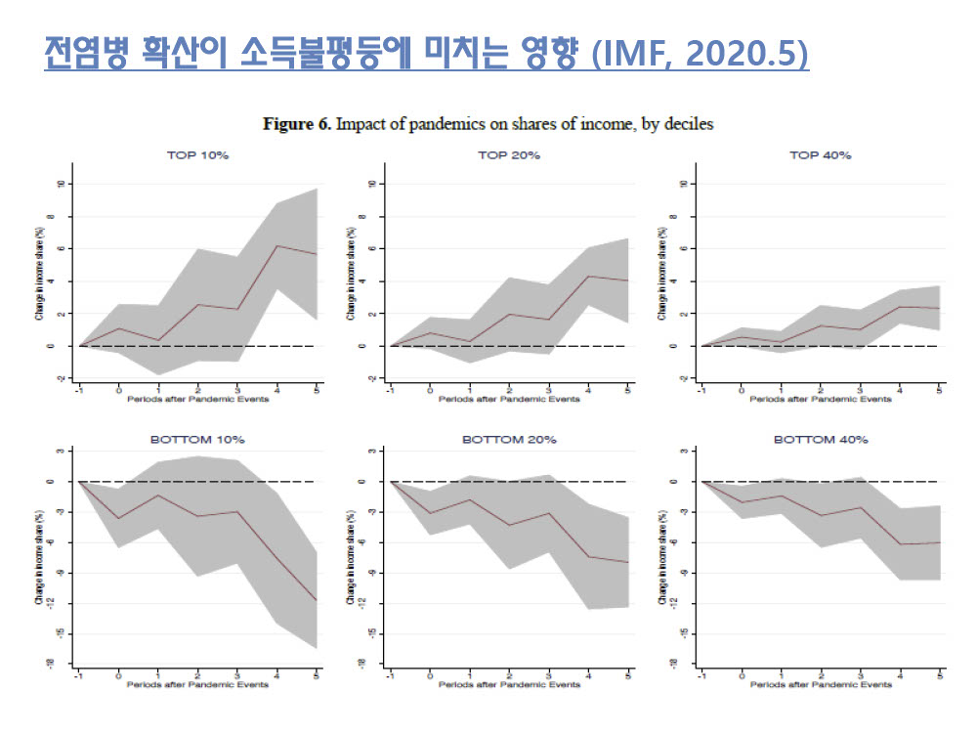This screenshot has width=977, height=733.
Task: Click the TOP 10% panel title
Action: coord(198,155)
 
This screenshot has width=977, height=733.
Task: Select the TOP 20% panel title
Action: coord(509,155)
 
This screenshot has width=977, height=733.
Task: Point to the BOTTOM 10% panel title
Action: coord(197,440)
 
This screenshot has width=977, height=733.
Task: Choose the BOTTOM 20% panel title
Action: coord(509,440)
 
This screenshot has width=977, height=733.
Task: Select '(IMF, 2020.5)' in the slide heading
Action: coord(701,54)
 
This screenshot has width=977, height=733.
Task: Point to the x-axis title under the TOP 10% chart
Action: coord(198,399)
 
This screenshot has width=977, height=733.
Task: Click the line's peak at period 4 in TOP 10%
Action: coord(277,245)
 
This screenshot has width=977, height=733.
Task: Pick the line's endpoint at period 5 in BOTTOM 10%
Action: coord(317,600)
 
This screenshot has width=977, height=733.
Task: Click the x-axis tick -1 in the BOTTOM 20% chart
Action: coord(390,675)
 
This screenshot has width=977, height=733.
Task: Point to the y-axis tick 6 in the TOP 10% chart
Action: coord(61,248)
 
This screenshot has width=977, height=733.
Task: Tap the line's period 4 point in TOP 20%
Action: coord(588,276)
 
